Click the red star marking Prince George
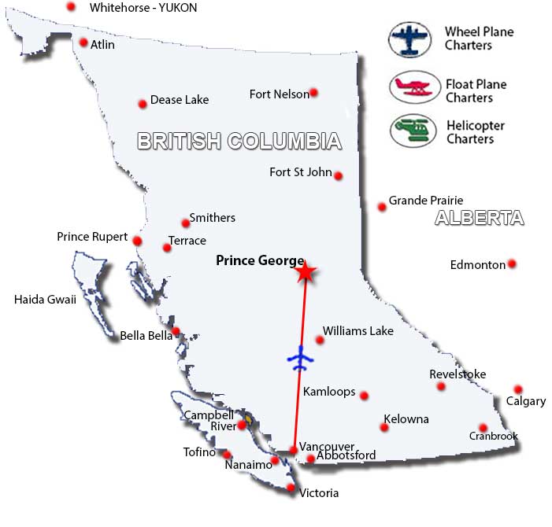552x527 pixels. point(306,272)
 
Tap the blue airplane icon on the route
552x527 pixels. point(300,359)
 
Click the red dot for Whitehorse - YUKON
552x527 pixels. point(72,6)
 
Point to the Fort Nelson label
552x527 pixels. point(279,94)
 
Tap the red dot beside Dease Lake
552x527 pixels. point(143,104)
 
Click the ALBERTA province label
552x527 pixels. point(479,219)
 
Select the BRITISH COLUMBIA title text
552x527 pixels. point(239,142)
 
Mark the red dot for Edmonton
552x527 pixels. point(512,263)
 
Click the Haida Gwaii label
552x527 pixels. point(45,299)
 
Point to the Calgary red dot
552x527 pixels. point(518,389)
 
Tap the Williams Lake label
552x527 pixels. point(358,331)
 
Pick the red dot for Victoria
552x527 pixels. point(291,488)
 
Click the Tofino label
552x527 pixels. point(199,452)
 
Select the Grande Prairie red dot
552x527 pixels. point(382,207)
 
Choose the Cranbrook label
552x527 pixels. point(494,436)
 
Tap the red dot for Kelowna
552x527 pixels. point(384,428)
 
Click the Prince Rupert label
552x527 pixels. point(92,237)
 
